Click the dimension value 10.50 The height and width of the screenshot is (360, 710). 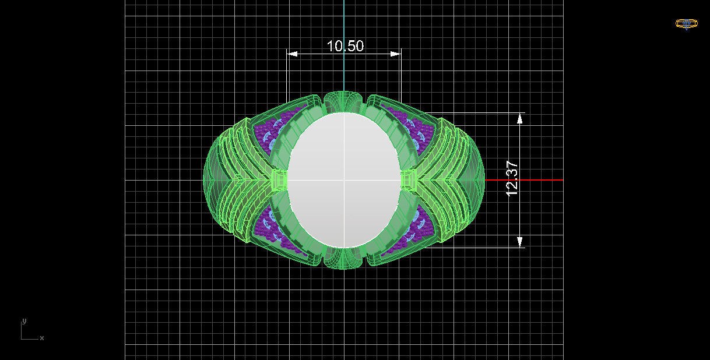(345, 46)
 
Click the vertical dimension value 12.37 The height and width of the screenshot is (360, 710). (512, 178)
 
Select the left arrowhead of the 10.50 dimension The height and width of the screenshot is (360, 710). (293, 54)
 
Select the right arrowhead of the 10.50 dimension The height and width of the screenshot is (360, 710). (395, 54)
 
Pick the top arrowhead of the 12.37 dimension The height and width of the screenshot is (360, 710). (520, 118)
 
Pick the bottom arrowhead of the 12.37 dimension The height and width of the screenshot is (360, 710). (520, 241)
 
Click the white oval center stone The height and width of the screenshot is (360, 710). (344, 180)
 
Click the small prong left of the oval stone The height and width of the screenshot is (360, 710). (279, 180)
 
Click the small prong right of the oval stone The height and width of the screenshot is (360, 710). (409, 180)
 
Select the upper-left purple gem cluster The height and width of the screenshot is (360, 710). (271, 131)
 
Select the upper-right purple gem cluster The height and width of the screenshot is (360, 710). (415, 129)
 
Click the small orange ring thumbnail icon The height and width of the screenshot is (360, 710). (686, 24)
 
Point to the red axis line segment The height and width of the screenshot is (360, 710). (525, 179)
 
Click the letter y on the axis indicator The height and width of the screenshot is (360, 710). (24, 321)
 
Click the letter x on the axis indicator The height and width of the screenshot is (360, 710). (42, 338)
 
